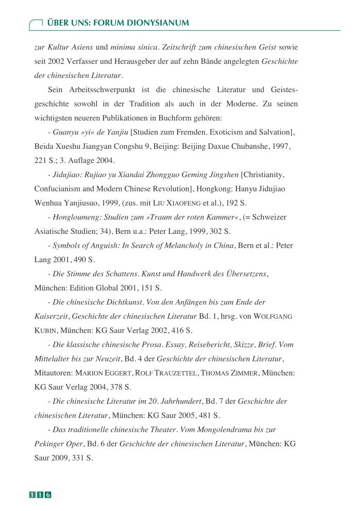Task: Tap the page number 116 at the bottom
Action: (x=40, y=495)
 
